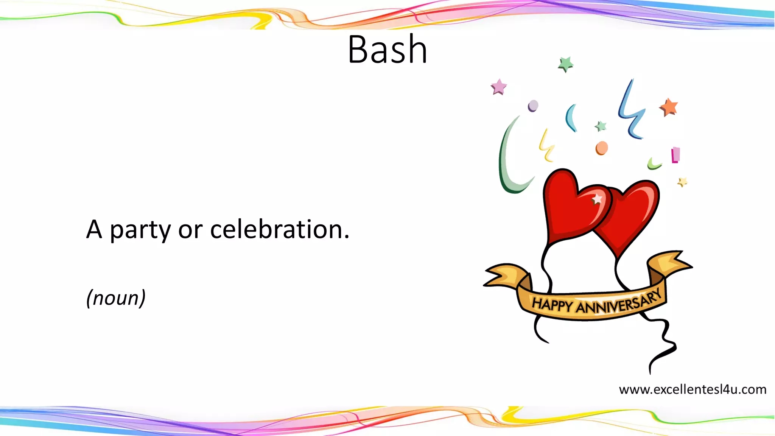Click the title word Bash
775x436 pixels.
click(x=387, y=49)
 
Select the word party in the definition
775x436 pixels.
click(x=140, y=230)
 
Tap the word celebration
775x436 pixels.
click(x=280, y=229)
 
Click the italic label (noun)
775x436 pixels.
click(x=116, y=298)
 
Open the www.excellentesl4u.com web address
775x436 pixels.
click(x=693, y=389)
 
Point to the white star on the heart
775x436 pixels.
click(x=597, y=199)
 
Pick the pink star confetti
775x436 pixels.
click(x=499, y=87)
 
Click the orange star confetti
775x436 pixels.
click(x=669, y=107)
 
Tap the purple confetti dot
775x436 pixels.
click(x=533, y=106)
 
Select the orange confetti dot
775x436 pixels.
click(x=602, y=148)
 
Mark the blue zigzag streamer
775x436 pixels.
click(x=631, y=110)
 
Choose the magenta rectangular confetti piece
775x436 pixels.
click(x=675, y=155)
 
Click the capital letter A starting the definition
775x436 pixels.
click(x=94, y=229)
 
